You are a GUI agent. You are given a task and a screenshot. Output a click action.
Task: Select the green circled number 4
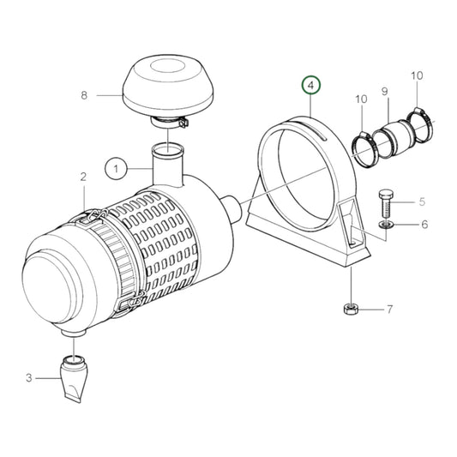pyautogui.click(x=311, y=85)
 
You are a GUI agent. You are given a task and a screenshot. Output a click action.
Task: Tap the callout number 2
pyautogui.click(x=83, y=177)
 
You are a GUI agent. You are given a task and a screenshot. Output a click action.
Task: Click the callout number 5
pyautogui.click(x=422, y=203)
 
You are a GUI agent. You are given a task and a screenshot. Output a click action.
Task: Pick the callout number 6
pyautogui.click(x=422, y=225)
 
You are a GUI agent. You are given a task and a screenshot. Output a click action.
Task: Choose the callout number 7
pyautogui.click(x=388, y=308)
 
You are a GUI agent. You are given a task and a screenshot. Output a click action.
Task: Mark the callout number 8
pyautogui.click(x=84, y=95)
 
